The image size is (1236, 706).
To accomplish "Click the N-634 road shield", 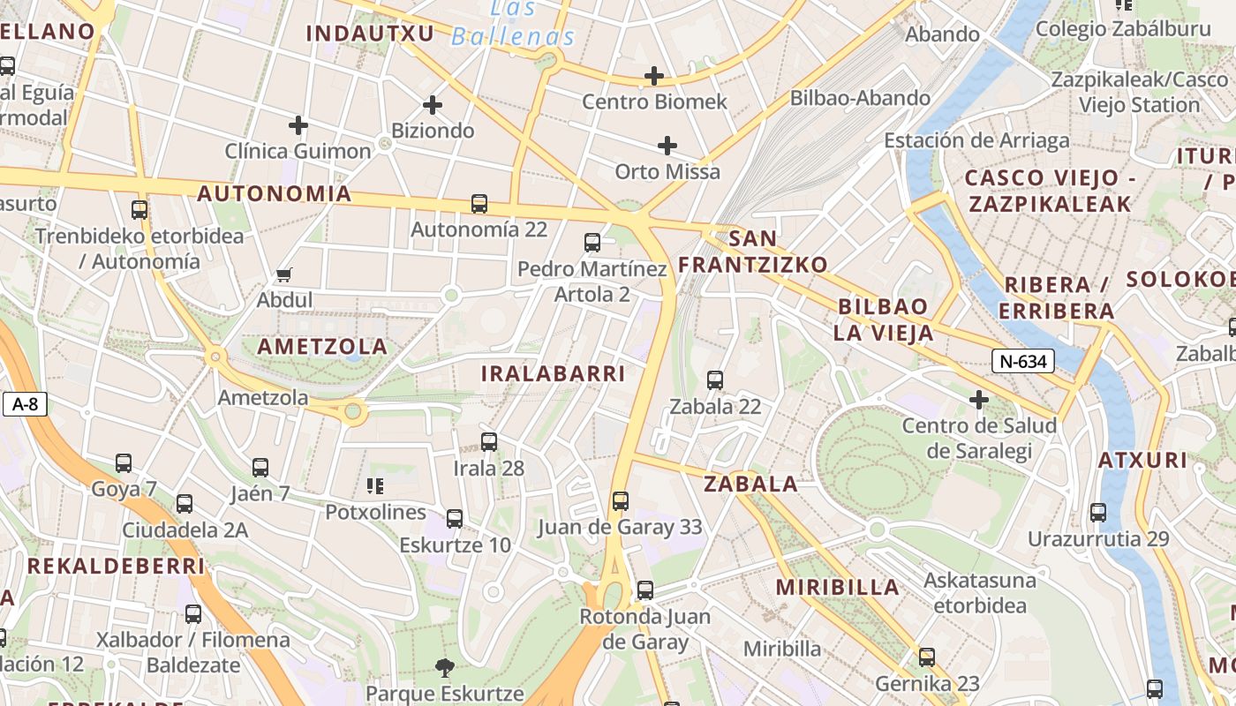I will [1023, 361].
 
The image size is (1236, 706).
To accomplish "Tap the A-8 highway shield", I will [25, 404].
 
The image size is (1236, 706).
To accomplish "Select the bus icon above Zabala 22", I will [715, 380].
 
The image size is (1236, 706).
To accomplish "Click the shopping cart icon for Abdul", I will [284, 274].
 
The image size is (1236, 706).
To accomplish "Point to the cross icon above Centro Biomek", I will [654, 76].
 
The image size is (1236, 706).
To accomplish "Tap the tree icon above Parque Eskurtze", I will [445, 667].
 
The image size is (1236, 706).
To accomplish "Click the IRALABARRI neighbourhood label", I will [553, 373].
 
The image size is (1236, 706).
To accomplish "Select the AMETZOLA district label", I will [322, 346].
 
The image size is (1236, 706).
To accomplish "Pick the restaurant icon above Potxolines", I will [375, 485].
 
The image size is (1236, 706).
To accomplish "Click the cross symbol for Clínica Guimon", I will [298, 125].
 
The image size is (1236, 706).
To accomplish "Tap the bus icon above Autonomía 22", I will [479, 204].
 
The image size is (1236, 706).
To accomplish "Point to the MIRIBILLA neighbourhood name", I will [838, 587].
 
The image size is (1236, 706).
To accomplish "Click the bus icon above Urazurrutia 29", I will [1098, 512].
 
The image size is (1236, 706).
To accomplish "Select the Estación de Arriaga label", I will [976, 140].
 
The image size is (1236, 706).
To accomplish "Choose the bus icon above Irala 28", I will [489, 442].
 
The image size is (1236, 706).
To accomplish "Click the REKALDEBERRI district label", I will [116, 566].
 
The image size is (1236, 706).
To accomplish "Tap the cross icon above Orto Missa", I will [667, 145].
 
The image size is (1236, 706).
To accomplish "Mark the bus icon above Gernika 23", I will [927, 657].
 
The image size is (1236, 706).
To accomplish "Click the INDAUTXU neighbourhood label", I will [370, 34].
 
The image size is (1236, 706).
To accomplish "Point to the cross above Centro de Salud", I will [978, 401].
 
